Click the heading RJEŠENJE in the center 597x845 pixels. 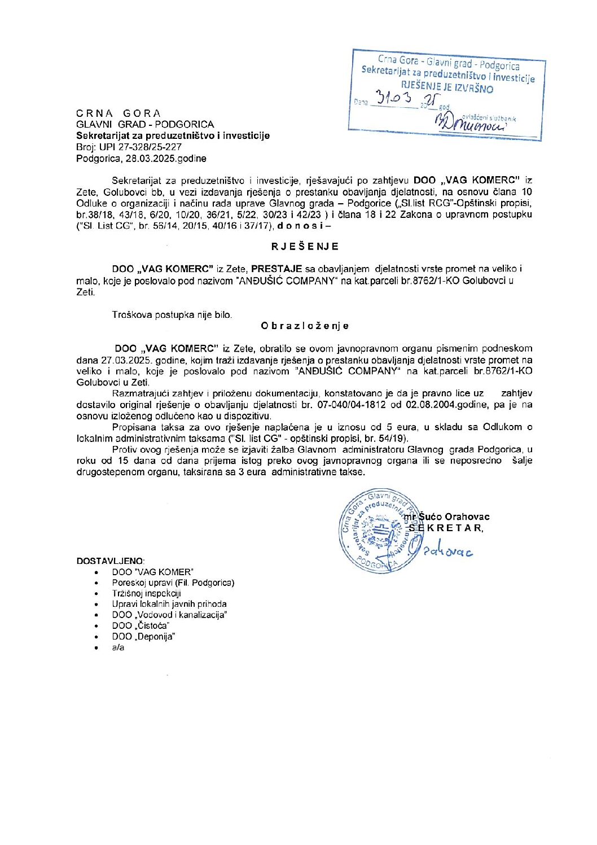point(305,247)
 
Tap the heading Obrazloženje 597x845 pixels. point(305,326)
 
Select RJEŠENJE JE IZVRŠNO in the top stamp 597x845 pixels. point(447,87)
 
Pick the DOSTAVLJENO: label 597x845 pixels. point(111,561)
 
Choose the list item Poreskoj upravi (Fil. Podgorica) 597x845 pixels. point(173,583)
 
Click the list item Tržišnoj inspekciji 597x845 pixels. point(146,593)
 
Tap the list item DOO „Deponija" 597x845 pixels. point(143,636)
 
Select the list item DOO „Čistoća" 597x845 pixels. point(141,625)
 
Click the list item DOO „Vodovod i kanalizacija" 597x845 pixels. point(169,615)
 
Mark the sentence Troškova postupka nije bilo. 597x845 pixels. point(172,315)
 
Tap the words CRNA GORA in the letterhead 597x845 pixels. point(118,113)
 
